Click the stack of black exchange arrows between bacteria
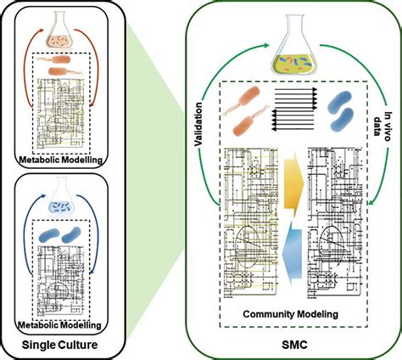[293, 111]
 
